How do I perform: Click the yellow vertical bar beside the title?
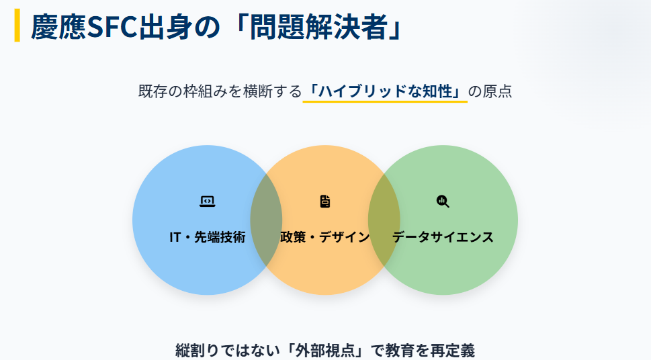17,26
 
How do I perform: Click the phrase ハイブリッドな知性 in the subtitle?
385,91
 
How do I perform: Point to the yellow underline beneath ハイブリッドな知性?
385,102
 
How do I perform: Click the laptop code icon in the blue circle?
207,201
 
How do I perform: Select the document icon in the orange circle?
325,201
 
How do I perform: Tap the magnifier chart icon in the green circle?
443,201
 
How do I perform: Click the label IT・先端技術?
207,237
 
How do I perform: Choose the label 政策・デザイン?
325,237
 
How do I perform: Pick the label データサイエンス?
443,237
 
